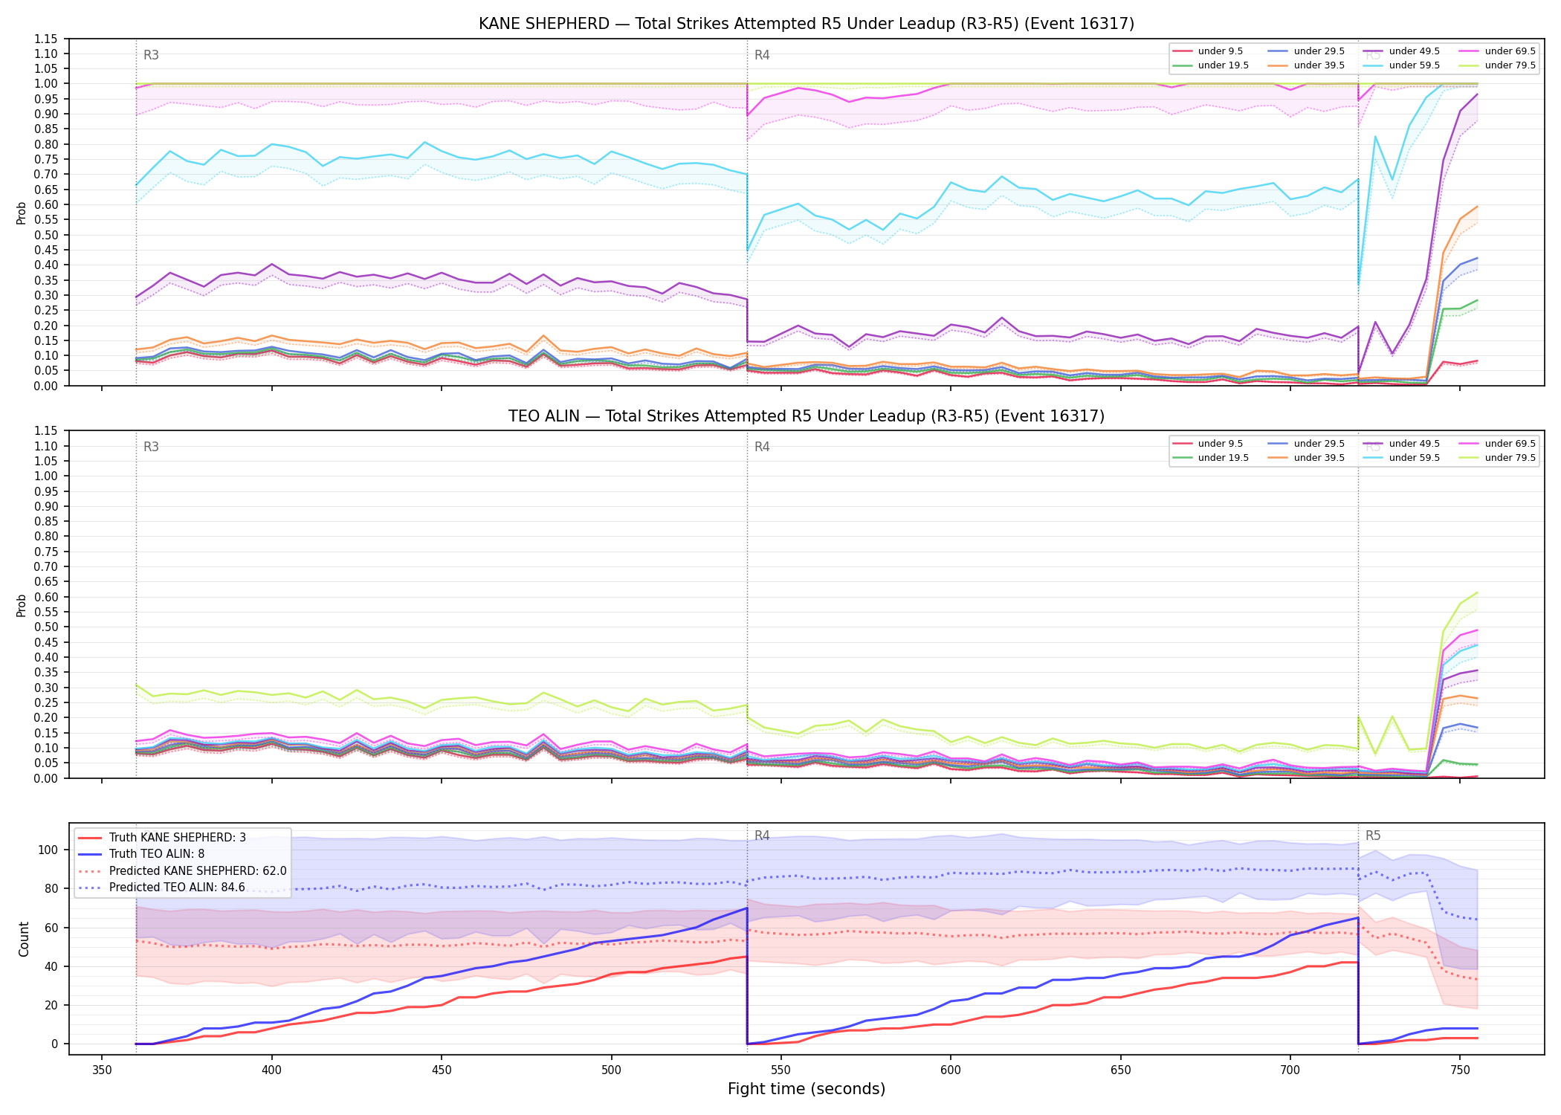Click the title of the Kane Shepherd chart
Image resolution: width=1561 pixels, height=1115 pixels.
(807, 24)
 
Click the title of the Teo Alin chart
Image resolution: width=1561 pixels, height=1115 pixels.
(807, 416)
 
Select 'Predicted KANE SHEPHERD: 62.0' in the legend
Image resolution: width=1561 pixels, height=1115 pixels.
(182, 870)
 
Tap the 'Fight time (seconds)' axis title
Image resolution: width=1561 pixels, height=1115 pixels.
(807, 1089)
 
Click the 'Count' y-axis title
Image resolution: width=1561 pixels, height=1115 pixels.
(24, 939)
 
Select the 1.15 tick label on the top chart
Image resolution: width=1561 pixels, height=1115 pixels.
(46, 39)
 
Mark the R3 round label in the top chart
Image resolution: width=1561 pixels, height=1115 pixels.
(151, 55)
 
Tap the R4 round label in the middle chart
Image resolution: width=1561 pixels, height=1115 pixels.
(762, 447)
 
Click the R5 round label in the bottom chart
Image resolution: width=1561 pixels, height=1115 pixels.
(1373, 836)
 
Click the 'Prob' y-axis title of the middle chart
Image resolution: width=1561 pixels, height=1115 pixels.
(22, 605)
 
